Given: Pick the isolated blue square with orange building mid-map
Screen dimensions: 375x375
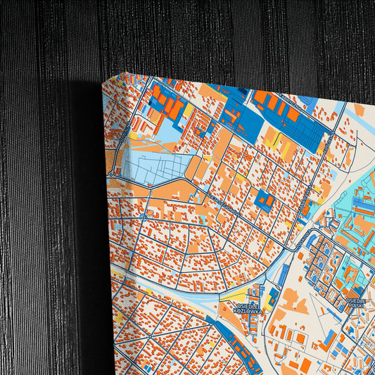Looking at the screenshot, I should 265,201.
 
